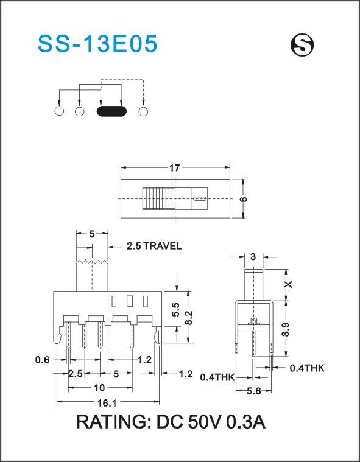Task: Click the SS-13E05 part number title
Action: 97,44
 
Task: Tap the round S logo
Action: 302,45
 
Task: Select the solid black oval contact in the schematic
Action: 111,111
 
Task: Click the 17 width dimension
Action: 174,168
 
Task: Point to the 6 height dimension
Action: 244,200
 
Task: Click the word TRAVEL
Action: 163,246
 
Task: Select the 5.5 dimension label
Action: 175,310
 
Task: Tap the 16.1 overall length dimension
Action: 107,402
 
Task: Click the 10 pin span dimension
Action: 99,388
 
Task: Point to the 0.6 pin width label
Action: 43,360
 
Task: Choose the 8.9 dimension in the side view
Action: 286,329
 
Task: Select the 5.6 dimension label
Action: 254,391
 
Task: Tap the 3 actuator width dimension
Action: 253,257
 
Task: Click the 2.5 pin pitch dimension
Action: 76,374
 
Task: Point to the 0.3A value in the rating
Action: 247,422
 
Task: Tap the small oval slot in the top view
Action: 200,198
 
